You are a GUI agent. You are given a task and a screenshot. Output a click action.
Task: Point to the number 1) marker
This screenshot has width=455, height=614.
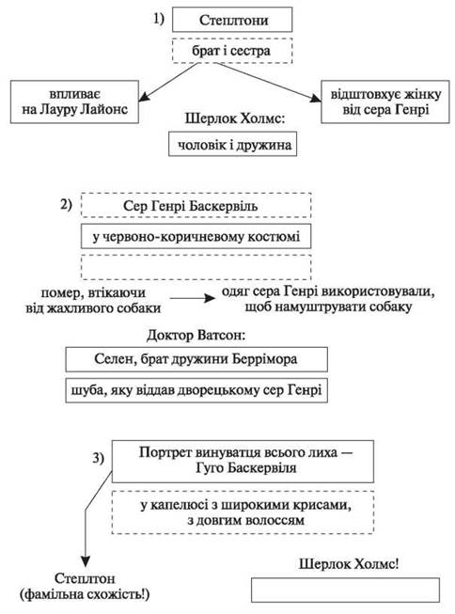pos(159,19)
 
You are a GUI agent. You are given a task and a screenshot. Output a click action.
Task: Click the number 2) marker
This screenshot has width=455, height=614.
pos(66,204)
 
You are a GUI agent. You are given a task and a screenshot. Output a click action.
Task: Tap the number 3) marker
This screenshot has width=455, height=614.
pos(99,458)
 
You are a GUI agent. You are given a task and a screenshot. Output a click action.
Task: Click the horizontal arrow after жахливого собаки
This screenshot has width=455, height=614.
pos(193,298)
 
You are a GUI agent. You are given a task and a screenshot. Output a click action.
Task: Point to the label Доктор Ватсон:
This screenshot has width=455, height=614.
pos(196,335)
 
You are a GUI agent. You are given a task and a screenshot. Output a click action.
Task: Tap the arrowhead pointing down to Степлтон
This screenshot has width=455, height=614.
pos(86,561)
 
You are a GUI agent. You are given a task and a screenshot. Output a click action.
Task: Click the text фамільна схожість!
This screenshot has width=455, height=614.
pos(85,594)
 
